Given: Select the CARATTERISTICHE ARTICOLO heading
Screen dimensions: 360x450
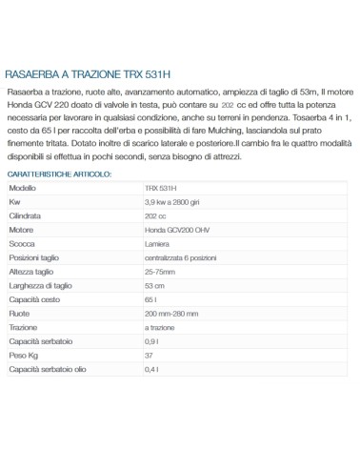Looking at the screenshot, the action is pos(59,174).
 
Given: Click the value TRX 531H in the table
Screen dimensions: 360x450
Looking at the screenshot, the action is pos(161,189).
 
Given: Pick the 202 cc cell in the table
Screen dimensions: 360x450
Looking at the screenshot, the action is pos(156,216).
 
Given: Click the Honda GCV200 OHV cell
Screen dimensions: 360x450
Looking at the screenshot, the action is pos(178,231).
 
